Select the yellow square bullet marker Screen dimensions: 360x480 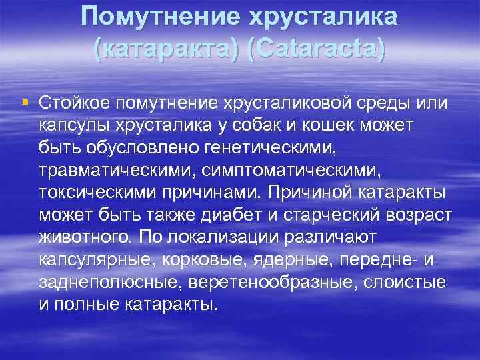25,103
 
